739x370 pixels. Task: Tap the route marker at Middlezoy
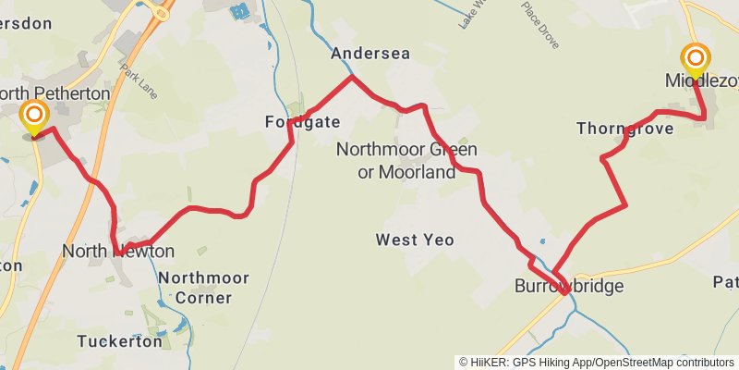click(x=696, y=60)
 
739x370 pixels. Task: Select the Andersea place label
click(x=369, y=54)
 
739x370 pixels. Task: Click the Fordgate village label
click(x=302, y=122)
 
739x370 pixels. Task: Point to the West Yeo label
click(x=415, y=240)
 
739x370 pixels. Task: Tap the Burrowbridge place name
click(x=569, y=287)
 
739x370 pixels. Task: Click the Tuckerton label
click(x=119, y=341)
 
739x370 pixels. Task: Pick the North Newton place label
click(x=118, y=251)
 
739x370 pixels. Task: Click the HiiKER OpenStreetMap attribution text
click(x=596, y=362)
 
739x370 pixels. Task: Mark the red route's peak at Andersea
click(x=352, y=77)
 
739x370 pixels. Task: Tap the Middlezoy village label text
click(x=699, y=81)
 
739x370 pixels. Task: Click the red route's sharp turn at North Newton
click(x=117, y=253)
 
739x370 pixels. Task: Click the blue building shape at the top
click(x=240, y=12)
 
